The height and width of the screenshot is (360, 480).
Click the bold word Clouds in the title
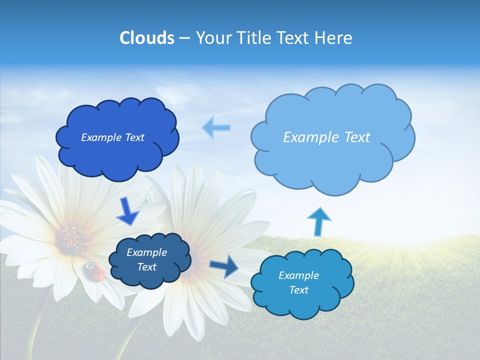tap(146, 38)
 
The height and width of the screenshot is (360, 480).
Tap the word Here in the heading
tap(335, 38)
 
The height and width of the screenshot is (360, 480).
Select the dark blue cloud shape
tap(117, 150)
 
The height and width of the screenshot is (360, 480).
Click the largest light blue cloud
tap(332, 160)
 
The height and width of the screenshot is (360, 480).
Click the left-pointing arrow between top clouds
tap(216, 128)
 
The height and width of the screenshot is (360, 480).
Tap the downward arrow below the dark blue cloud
tap(127, 211)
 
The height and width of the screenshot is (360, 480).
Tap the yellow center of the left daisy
tap(72, 237)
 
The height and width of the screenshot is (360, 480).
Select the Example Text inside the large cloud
tap(326, 137)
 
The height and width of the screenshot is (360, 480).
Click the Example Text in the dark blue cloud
tap(112, 137)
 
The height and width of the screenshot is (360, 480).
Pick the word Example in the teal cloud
tap(298, 275)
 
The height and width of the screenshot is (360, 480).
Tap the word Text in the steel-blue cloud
tap(146, 267)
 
